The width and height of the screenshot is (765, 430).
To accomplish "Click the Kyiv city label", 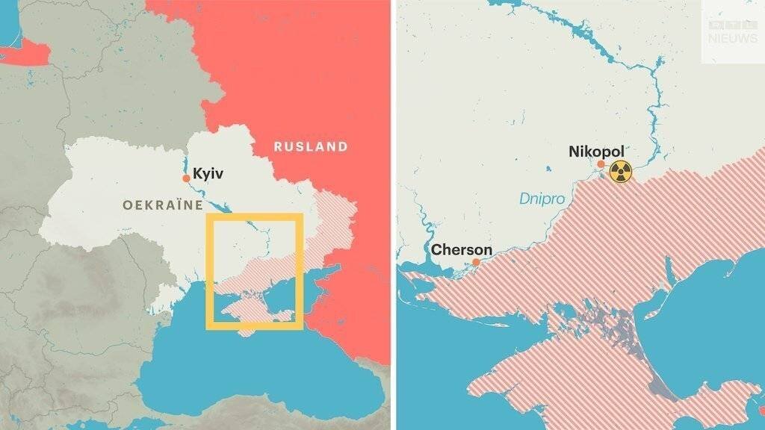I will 208,174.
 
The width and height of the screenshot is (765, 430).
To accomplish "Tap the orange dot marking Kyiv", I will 186,178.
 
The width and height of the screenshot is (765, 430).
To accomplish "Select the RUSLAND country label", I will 310,146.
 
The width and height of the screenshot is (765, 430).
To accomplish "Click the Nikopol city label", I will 595,152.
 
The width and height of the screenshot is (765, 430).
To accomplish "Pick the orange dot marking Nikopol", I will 601,163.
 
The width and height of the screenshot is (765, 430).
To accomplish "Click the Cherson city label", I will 462,249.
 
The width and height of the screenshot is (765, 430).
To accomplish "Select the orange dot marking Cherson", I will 476,262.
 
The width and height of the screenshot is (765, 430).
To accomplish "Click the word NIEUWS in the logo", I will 732,37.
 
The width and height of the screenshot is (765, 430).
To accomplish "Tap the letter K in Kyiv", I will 197,174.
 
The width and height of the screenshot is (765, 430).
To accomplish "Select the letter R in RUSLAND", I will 277,146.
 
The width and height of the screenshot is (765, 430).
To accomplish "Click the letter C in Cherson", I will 437,249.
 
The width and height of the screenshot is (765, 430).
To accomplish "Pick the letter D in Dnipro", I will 524,199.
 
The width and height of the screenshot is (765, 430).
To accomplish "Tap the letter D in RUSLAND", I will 343,146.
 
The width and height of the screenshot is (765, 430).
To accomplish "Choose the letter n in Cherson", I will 488,249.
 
